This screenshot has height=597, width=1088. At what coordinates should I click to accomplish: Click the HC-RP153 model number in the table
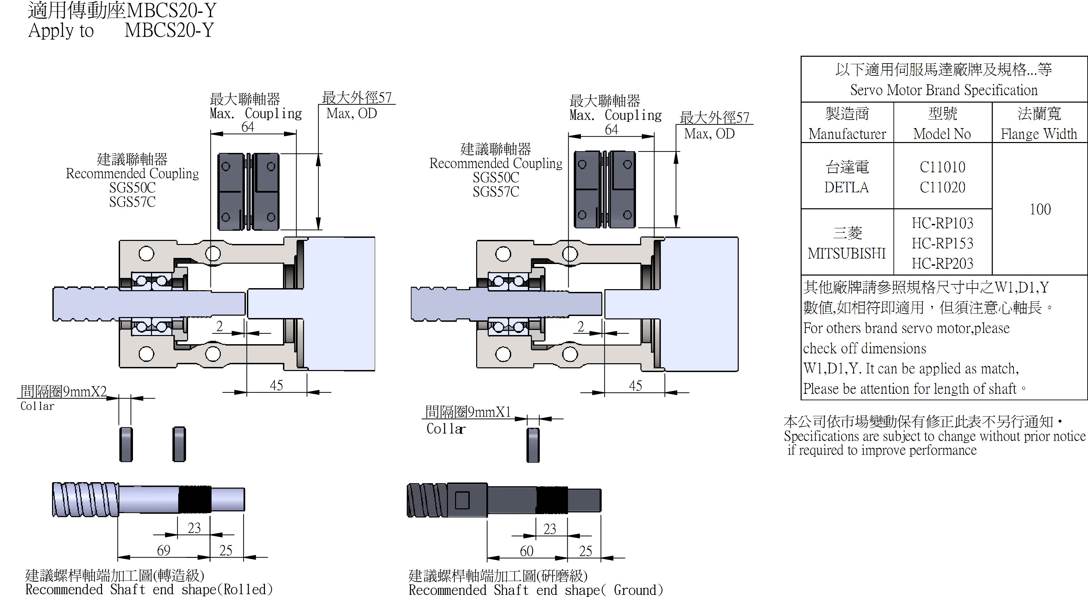(x=942, y=243)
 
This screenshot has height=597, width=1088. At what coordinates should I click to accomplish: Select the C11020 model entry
(x=942, y=187)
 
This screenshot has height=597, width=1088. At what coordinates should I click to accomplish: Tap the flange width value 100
(x=1040, y=209)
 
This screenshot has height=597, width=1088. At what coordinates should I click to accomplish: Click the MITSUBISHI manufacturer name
(x=847, y=253)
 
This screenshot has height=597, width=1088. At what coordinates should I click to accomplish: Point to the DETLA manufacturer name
(x=847, y=187)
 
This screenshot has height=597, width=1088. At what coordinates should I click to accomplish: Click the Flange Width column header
(x=1039, y=134)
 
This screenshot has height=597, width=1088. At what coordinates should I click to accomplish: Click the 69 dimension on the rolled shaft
(x=164, y=550)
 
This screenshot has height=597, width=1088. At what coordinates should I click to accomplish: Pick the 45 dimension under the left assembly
(x=276, y=385)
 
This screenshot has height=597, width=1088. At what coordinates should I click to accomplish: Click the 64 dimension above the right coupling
(x=611, y=129)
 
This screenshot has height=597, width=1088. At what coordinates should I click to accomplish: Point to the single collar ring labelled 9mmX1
(x=533, y=445)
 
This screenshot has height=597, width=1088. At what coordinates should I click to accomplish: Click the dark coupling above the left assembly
(x=248, y=192)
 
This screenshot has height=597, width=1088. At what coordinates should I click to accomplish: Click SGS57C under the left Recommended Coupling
(x=132, y=202)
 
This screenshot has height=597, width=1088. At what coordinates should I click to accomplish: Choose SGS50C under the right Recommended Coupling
(x=496, y=178)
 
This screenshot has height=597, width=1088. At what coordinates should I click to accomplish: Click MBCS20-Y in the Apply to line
(x=169, y=30)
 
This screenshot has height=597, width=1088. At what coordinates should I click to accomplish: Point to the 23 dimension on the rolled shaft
(x=194, y=528)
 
